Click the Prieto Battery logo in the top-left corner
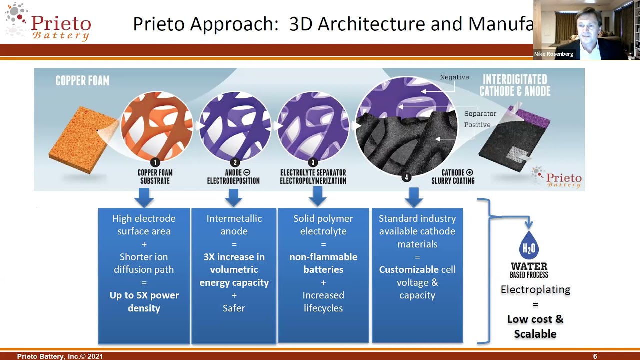coord(48,22)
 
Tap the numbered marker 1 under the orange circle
coord(155,162)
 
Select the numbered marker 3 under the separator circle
coord(313,162)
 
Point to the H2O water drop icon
coord(529,246)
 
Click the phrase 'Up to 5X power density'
coord(144,302)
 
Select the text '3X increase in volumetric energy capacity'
coord(234,270)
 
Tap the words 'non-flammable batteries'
coord(323,263)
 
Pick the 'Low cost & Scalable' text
coord(535,326)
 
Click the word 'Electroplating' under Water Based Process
coord(535,289)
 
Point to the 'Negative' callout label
coord(454,77)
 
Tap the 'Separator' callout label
coord(480,114)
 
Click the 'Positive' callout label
coord(477,125)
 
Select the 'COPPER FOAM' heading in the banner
coord(82,81)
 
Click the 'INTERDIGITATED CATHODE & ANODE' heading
coord(515,85)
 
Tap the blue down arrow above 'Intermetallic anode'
coord(233,197)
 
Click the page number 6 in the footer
coord(595,356)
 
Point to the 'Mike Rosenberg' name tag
coord(553,54)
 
